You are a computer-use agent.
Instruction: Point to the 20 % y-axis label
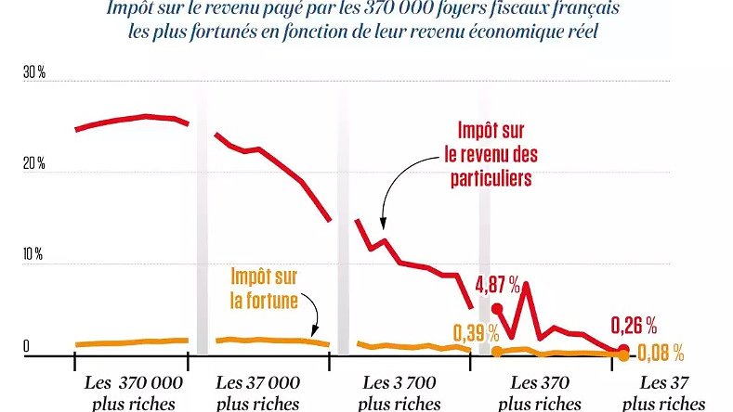tap(34, 164)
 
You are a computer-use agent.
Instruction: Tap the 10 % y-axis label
tap(33, 254)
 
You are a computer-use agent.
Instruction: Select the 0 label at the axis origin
tap(27, 345)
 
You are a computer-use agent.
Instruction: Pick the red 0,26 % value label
tap(635, 325)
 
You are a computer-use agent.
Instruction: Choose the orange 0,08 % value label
tap(661, 353)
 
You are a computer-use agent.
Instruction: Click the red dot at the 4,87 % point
tap(497, 309)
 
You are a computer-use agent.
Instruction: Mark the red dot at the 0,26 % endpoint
tap(622, 350)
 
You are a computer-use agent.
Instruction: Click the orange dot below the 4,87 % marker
tap(497, 351)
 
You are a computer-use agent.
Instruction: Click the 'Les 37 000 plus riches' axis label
tap(257, 393)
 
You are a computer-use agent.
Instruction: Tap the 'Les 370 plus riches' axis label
tap(540, 393)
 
